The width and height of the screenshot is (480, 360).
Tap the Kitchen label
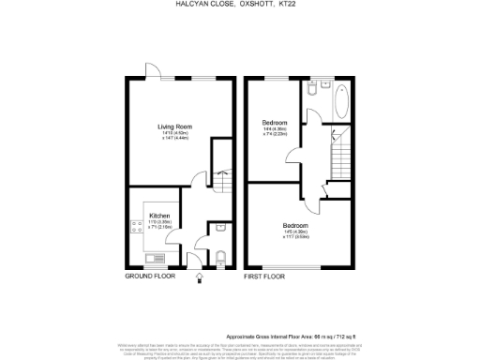[159, 216]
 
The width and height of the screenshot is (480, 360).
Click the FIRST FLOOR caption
[264, 277]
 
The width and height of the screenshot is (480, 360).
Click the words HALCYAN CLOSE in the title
[190, 4]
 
